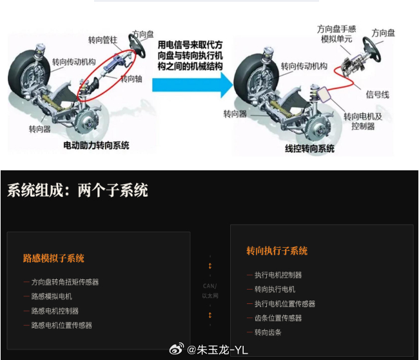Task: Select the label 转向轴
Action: click(132, 78)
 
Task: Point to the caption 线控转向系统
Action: click(309, 148)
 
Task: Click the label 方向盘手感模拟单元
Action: click(336, 34)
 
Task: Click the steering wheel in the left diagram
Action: click(139, 44)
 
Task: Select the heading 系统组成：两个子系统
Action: click(77, 190)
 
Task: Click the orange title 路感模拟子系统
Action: click(54, 258)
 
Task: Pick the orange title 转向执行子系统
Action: click(277, 251)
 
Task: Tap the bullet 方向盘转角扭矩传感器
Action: click(65, 282)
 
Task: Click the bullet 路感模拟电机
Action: click(52, 296)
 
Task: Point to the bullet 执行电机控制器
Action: click(278, 275)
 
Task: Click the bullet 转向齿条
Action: click(268, 332)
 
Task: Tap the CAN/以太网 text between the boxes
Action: click(210, 290)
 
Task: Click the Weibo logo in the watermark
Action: click(176, 350)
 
